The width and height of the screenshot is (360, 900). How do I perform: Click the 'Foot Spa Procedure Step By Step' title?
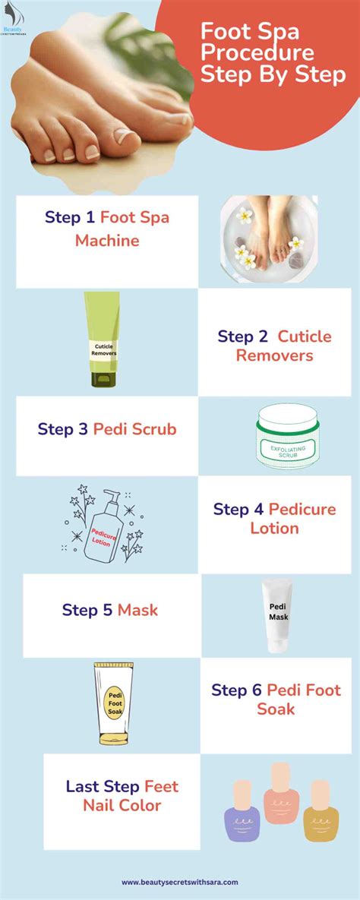273,53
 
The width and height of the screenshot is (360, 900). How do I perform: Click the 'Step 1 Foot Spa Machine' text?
107,229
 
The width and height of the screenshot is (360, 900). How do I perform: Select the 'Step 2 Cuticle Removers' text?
274,346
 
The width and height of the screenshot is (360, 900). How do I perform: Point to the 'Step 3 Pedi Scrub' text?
107,429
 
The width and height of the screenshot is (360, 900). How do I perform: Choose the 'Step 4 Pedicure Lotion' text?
274,518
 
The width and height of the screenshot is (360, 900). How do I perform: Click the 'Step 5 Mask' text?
110,610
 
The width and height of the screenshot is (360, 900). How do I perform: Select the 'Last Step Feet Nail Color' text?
122,795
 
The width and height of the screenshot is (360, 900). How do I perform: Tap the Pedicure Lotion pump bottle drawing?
105,527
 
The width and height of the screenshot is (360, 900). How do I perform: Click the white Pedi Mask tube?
277,614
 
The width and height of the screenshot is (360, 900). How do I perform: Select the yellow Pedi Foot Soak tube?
115,702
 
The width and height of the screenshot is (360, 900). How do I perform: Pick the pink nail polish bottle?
280,795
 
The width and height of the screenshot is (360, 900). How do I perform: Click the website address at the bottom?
180,882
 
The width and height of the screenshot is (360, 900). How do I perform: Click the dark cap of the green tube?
103,379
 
